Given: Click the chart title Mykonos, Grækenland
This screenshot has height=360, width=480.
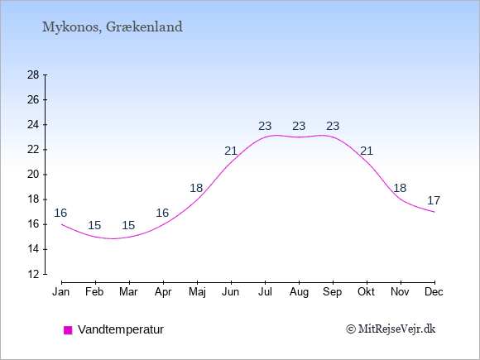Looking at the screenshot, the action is tap(112, 27).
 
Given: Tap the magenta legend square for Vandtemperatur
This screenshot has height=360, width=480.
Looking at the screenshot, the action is tap(68, 330).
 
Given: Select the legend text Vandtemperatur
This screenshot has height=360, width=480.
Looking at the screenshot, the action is tap(121, 329).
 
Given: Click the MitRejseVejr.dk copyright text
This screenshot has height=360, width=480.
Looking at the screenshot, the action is tap(391, 329).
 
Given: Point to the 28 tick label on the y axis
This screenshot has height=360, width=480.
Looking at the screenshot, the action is tap(33, 74).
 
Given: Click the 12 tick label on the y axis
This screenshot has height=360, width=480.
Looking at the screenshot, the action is tap(33, 274).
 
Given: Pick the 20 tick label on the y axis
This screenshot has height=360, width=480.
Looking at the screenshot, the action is tap(33, 175).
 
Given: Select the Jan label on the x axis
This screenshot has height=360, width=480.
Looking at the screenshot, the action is tap(61, 292).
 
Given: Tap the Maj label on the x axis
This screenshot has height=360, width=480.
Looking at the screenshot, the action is tap(197, 292).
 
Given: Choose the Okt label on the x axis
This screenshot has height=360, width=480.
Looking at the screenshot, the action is tap(367, 292).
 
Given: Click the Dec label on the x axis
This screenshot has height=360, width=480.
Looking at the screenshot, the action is tap(434, 292).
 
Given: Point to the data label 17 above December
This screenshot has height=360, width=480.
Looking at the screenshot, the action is tap(434, 200).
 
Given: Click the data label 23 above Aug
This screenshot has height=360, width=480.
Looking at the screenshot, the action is tap(299, 126).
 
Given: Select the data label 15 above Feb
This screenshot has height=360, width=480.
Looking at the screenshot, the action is tap(94, 225).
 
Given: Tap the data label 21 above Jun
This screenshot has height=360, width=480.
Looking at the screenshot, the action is tap(231, 151).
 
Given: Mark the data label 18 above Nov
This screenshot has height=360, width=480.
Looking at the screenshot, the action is tap(400, 188).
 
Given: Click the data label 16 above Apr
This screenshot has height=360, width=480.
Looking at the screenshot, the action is tap(162, 213).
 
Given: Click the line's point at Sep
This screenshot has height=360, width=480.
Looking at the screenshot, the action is tap(333, 137).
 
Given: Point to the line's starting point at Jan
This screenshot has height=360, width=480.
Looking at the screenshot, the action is tap(62, 224).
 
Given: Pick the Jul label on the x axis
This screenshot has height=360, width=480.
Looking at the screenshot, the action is tap(265, 292).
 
